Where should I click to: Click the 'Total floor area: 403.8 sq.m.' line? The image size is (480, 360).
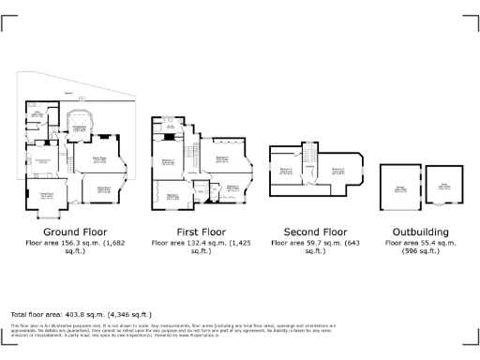click(x=81, y=314)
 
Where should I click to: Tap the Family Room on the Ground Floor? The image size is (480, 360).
click(x=99, y=160)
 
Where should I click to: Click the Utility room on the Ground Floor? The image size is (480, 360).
click(x=38, y=117)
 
